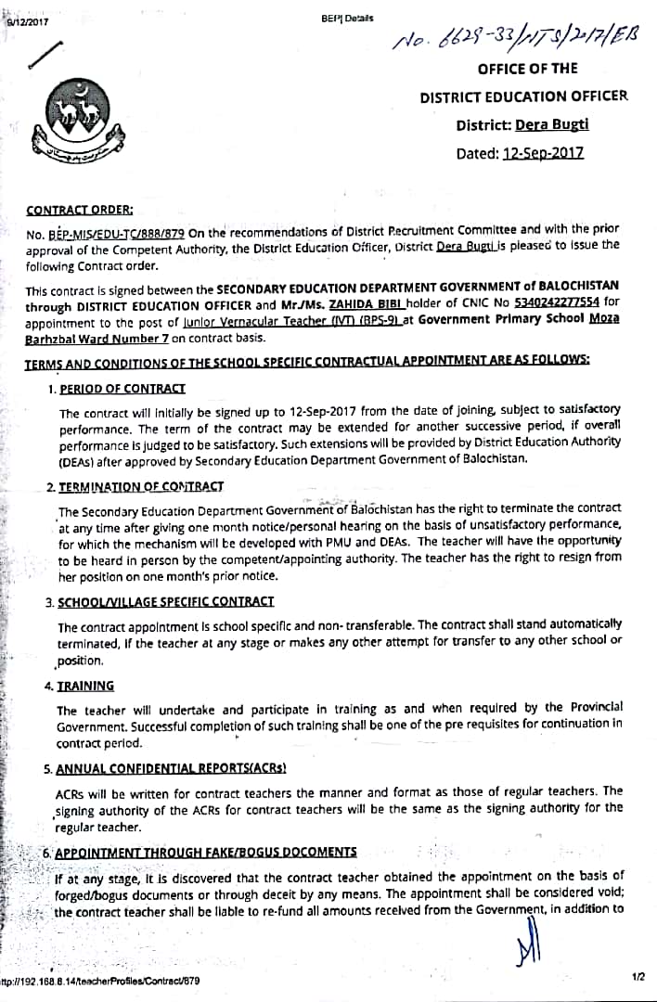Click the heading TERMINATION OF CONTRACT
click(140, 486)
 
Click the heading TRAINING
click(85, 686)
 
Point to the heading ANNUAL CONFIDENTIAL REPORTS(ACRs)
click(171, 768)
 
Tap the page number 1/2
click(638, 977)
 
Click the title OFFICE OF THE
click(527, 69)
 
